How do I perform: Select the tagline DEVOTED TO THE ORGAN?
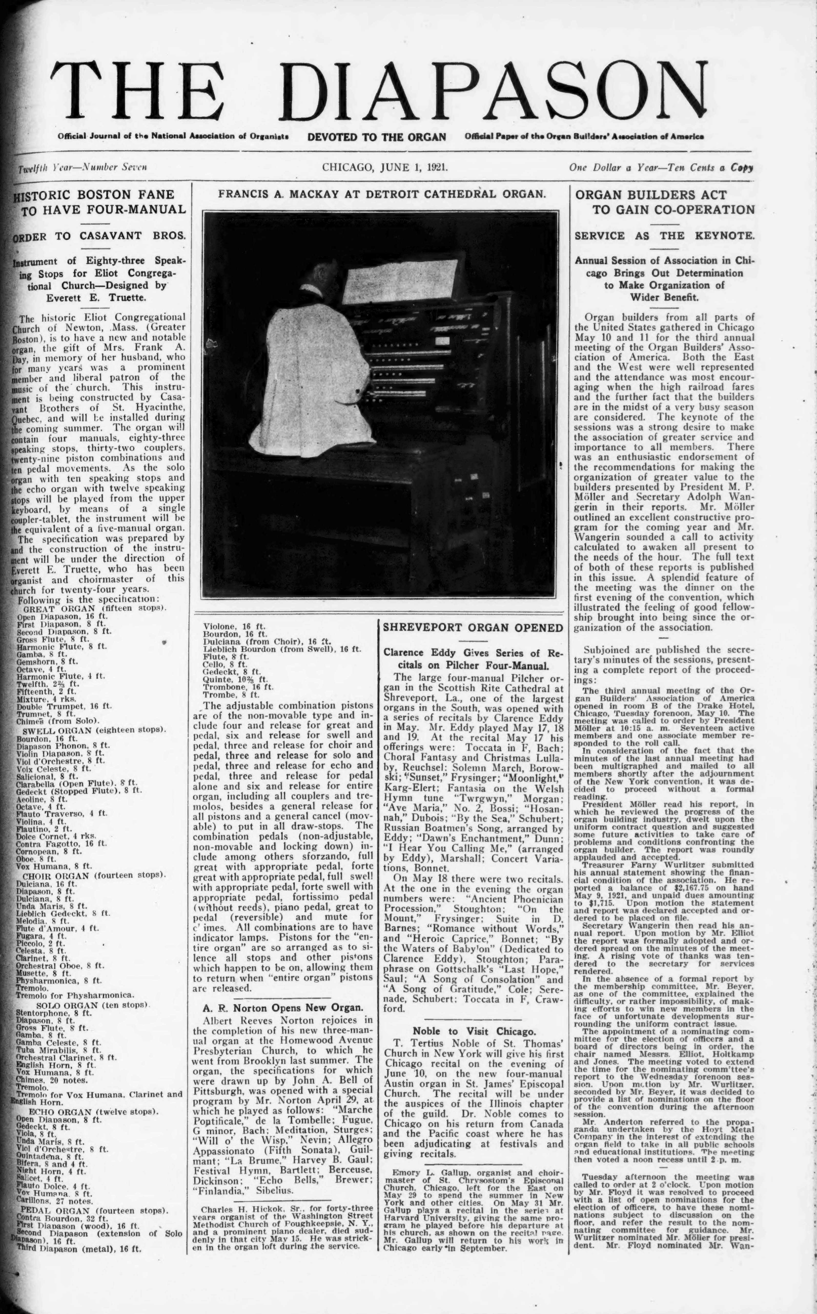pos(377,137)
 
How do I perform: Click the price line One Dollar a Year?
pos(660,168)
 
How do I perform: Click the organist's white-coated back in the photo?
pos(303,373)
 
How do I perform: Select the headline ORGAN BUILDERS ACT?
pos(651,195)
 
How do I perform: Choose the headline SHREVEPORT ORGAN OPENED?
pos(473,628)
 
